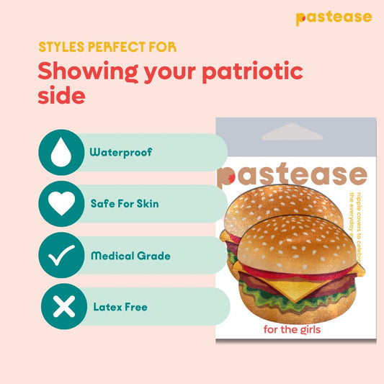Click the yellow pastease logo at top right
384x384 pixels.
[334, 17]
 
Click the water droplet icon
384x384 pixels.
[61, 152]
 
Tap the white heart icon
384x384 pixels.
[61, 204]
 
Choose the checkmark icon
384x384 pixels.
[61, 256]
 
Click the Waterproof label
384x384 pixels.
[120, 153]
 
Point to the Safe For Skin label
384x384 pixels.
[125, 204]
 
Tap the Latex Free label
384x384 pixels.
[120, 307]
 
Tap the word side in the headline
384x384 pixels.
[61, 97]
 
